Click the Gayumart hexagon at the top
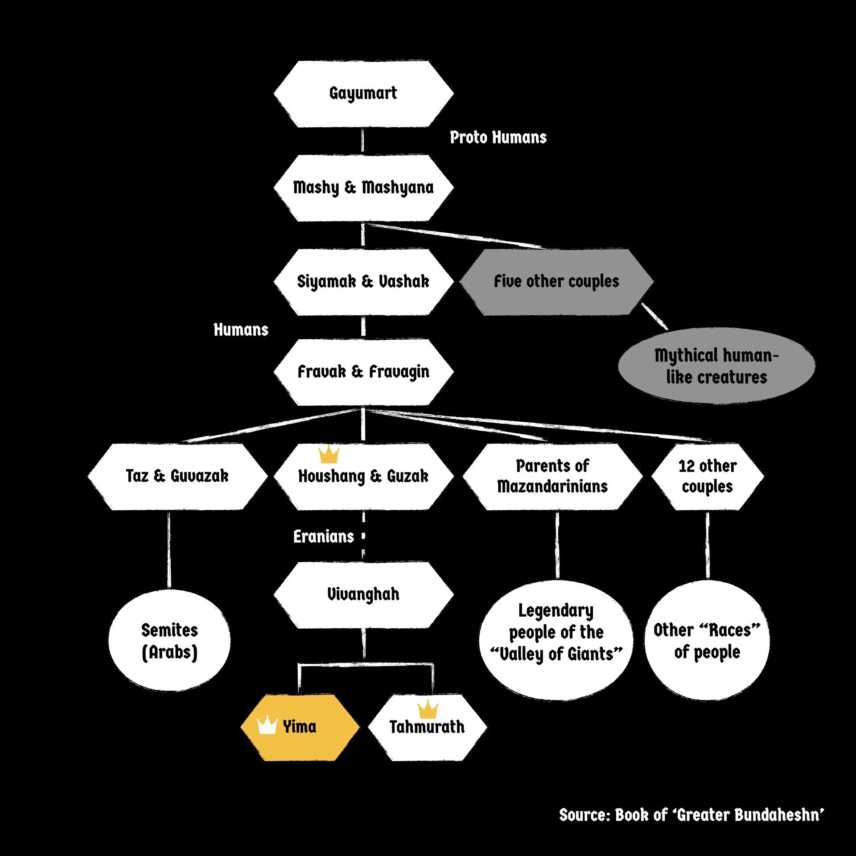tap(363, 94)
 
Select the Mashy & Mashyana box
tap(363, 188)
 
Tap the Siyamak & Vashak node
tap(363, 282)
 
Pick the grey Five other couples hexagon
tap(556, 282)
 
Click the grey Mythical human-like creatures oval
tap(716, 366)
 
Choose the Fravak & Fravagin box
tap(363, 372)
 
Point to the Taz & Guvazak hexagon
tap(177, 476)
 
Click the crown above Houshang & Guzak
tap(329, 454)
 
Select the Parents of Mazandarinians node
tap(552, 476)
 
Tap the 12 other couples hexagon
tap(708, 476)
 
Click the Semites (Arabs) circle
tap(169, 641)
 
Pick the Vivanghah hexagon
tap(363, 595)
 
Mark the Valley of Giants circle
tap(556, 640)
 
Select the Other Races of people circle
tap(707, 640)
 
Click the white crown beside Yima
tap(267, 725)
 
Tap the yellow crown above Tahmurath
tap(428, 709)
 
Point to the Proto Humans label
tap(498, 137)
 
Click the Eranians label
tap(324, 536)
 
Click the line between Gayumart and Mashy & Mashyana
tap(362, 141)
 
